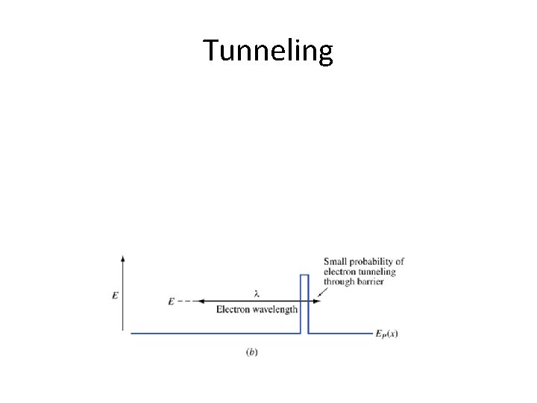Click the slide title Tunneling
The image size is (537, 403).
[268, 51]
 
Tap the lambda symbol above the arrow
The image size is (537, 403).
[256, 293]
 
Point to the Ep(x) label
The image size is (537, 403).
[386, 334]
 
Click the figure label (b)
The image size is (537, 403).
[252, 352]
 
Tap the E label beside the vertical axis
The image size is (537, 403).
[115, 296]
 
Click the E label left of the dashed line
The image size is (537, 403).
[172, 302]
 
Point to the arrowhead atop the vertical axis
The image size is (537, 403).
[122, 257]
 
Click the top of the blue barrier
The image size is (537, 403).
[304, 276]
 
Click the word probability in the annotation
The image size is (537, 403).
[375, 262]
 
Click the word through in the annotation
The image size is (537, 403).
[339, 282]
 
